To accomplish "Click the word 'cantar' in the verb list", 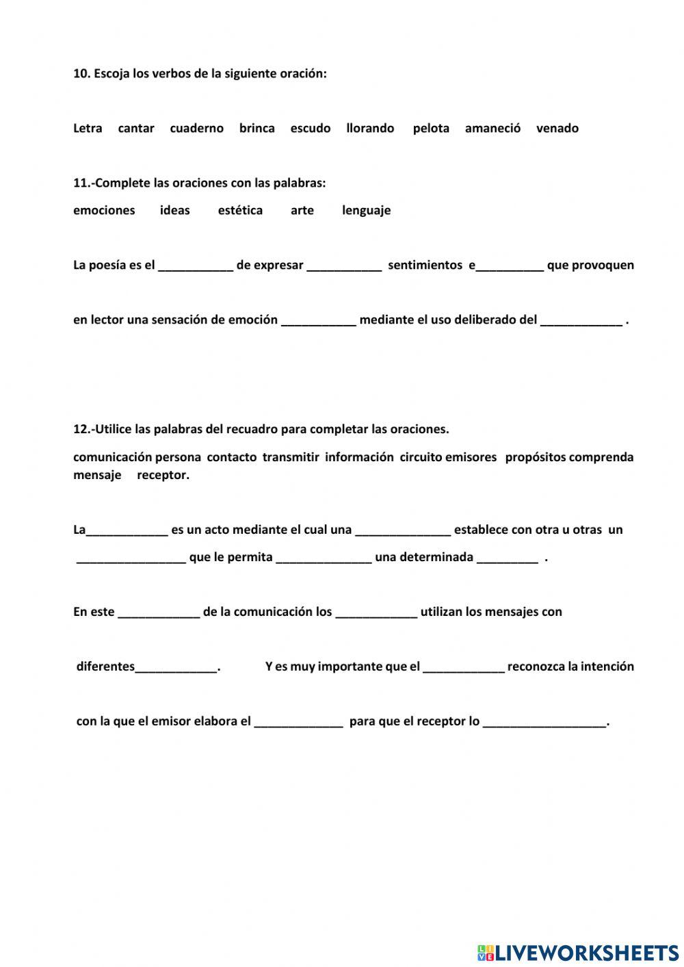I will coord(136,128).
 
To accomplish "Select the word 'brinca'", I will coord(256,128).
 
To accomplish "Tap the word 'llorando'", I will coord(370,128).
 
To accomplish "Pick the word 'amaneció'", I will coord(492,128).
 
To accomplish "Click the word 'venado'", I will coord(557,128).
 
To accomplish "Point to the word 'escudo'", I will coord(310,128).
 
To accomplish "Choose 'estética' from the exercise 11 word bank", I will coord(240,210).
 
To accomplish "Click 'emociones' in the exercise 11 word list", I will coord(104,210).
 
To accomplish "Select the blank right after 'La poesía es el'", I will coord(196,266).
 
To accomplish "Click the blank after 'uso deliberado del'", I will coord(581,321).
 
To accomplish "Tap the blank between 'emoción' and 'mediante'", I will coord(318,321).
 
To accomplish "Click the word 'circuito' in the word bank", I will coord(421,457).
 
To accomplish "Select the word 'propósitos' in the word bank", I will coord(536,457).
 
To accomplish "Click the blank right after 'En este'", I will coord(159,613).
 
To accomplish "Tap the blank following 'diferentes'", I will coord(176,668).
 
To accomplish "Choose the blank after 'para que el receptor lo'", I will coord(544,723).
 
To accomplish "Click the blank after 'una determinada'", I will coord(507,558).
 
